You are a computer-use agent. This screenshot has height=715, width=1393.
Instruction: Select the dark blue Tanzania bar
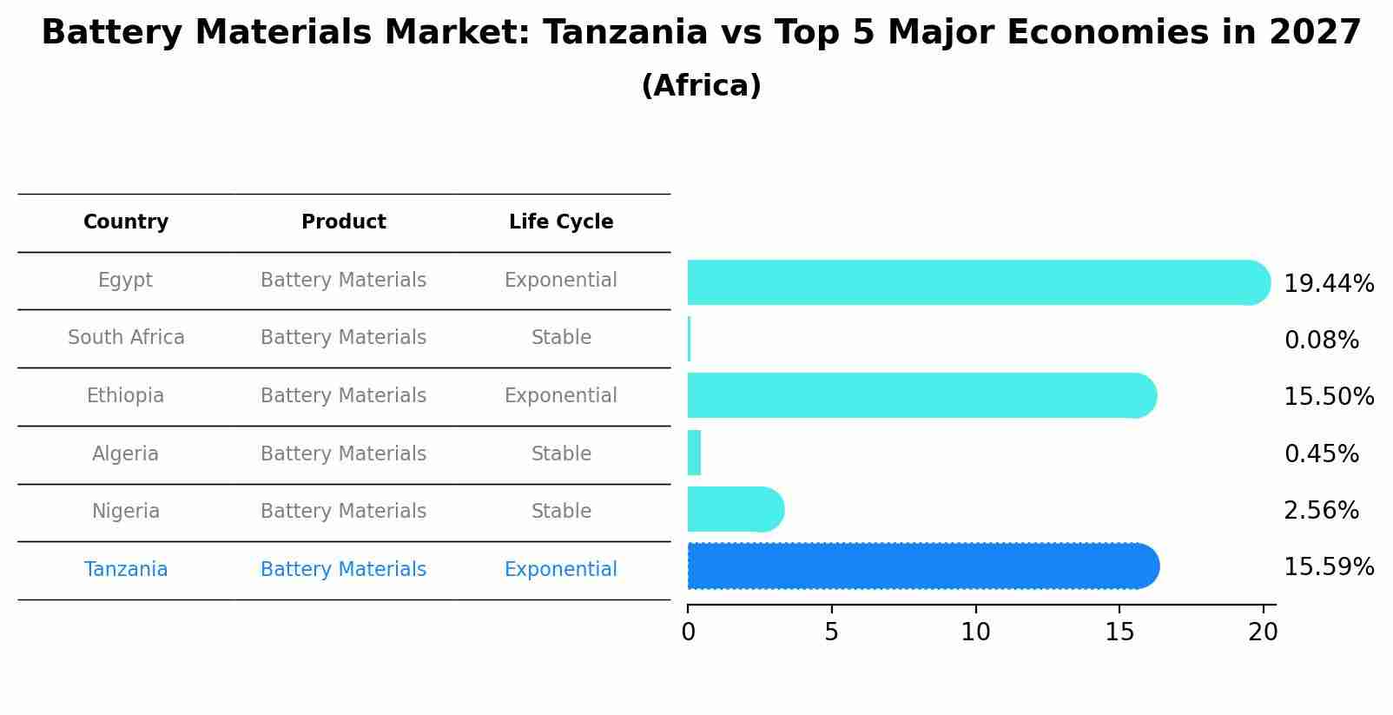922,566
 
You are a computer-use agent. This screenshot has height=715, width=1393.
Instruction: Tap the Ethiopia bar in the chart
921,395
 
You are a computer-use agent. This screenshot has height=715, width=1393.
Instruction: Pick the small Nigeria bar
735,509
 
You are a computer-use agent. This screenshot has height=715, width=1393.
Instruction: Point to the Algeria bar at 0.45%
694,453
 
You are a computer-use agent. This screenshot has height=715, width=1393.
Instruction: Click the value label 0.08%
1321,341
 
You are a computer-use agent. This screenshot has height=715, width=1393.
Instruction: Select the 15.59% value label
1328,567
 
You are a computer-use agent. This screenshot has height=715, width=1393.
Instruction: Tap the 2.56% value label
1321,511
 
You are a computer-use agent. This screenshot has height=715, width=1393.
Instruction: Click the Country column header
126,222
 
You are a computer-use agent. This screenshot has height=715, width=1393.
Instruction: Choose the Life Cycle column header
561,222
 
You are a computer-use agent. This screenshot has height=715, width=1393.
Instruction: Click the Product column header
343,222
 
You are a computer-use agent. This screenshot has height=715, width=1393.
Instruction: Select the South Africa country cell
126,338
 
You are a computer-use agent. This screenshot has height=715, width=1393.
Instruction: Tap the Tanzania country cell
126,570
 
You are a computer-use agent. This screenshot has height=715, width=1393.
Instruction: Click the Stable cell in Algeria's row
561,454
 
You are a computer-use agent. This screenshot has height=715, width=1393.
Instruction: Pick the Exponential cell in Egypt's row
561,281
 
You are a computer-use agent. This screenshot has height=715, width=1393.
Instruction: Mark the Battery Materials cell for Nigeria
343,512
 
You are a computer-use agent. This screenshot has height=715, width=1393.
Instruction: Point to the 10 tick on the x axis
975,632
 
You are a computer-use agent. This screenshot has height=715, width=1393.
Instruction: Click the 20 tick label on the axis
1263,632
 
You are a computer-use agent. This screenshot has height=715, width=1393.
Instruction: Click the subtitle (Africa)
701,86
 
